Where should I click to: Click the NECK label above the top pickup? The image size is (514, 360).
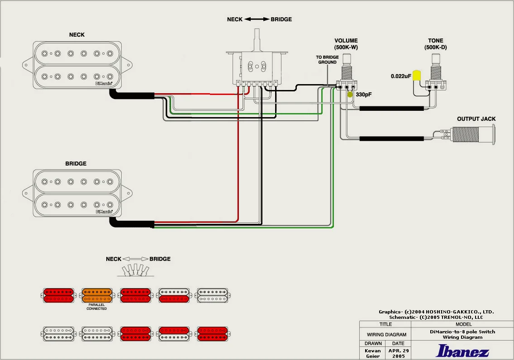[76, 35]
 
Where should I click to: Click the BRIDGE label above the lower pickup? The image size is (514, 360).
[76, 164]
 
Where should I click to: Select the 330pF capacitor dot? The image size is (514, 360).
[350, 95]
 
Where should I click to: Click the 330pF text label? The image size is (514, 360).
[365, 95]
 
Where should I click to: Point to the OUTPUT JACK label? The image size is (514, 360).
[476, 119]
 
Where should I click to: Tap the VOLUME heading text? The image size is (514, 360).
[346, 41]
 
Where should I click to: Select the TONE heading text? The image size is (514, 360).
[436, 41]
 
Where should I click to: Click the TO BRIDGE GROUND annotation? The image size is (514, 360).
[327, 60]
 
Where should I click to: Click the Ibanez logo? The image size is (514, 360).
[462, 351]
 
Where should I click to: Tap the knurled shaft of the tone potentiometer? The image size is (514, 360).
[436, 61]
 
